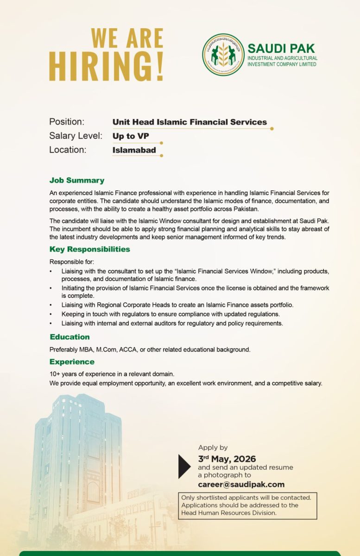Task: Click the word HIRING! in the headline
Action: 106,67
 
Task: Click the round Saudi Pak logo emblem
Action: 223,55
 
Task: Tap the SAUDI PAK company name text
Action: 281,48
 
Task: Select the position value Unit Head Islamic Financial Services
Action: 189,122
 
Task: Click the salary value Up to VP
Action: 131,136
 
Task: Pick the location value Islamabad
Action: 134,150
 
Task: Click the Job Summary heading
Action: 77,180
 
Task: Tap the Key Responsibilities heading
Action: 90,249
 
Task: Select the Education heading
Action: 69,337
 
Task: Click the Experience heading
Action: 72,361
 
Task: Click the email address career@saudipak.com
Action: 241,485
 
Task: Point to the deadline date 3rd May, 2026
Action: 227,459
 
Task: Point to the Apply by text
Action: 213,448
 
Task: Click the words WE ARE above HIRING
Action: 127,38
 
